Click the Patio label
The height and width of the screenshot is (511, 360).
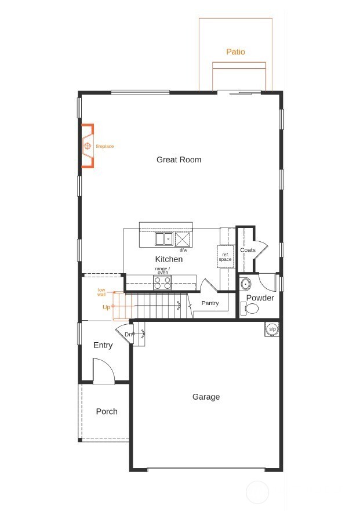coord(235,52)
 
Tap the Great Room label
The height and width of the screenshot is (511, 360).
coord(179,160)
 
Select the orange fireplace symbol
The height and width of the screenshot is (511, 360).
coord(88,146)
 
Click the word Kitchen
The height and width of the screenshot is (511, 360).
coord(169,259)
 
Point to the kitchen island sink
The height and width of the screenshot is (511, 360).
coord(163,238)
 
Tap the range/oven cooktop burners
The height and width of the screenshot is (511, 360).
coord(162,282)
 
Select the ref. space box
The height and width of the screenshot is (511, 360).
coord(225,256)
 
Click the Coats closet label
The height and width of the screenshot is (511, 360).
coord(248,250)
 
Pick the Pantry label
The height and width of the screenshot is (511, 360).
coord(209,303)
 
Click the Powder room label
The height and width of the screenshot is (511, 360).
coord(260,298)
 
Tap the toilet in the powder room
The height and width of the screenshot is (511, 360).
coord(252,309)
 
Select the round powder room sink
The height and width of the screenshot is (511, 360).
coord(245,284)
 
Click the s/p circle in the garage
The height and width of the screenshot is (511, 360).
coord(272,329)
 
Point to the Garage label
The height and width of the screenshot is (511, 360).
coord(206,397)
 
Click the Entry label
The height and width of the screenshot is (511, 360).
coord(103,345)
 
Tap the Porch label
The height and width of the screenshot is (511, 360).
coord(107,411)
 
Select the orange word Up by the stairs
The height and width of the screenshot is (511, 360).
coord(106,307)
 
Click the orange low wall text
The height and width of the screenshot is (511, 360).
coord(101,292)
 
